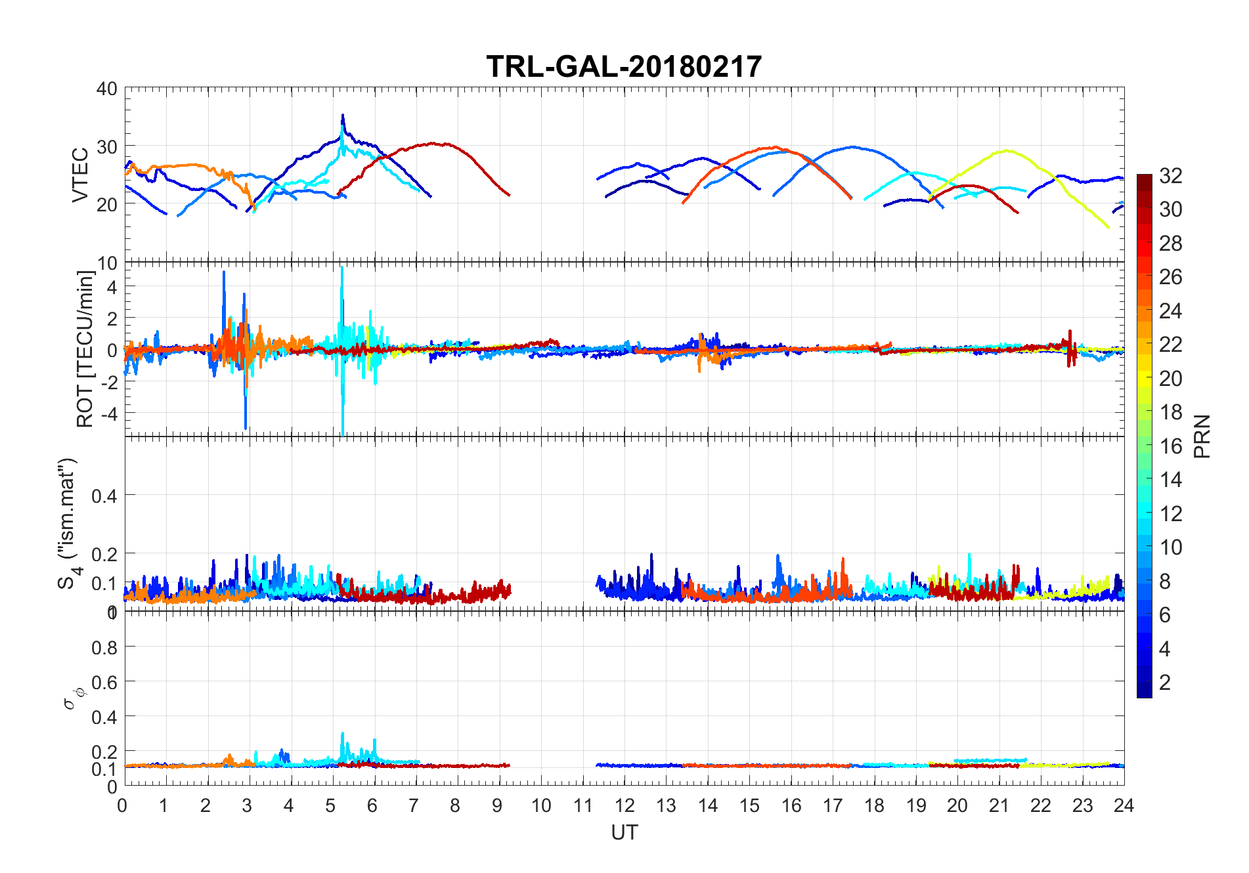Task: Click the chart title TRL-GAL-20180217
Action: point(624,66)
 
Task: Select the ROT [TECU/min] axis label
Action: point(85,349)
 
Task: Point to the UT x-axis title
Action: point(624,832)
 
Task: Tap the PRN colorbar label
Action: point(1202,436)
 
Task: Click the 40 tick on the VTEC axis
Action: point(107,89)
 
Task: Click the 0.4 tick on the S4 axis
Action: point(104,496)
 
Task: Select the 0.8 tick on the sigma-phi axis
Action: point(104,648)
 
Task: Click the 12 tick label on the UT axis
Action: point(624,805)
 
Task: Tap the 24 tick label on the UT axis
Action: point(1124,805)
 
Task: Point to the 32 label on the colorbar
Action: point(1171,175)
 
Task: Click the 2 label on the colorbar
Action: point(1165,683)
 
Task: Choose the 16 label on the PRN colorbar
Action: point(1171,446)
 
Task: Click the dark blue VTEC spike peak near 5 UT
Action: point(342,116)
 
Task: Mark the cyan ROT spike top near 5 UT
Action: point(342,267)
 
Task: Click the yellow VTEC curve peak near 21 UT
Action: point(1006,150)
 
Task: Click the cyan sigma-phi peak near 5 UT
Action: point(342,734)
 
